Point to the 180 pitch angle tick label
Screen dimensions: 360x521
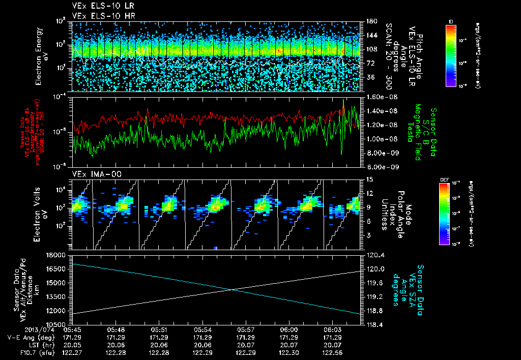(370, 21)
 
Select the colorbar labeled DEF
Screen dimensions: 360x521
(443, 213)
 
